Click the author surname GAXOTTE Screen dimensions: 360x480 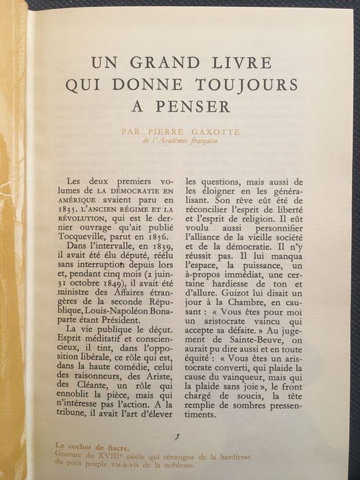[x=213, y=132]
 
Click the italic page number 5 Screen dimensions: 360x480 [x=178, y=437]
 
